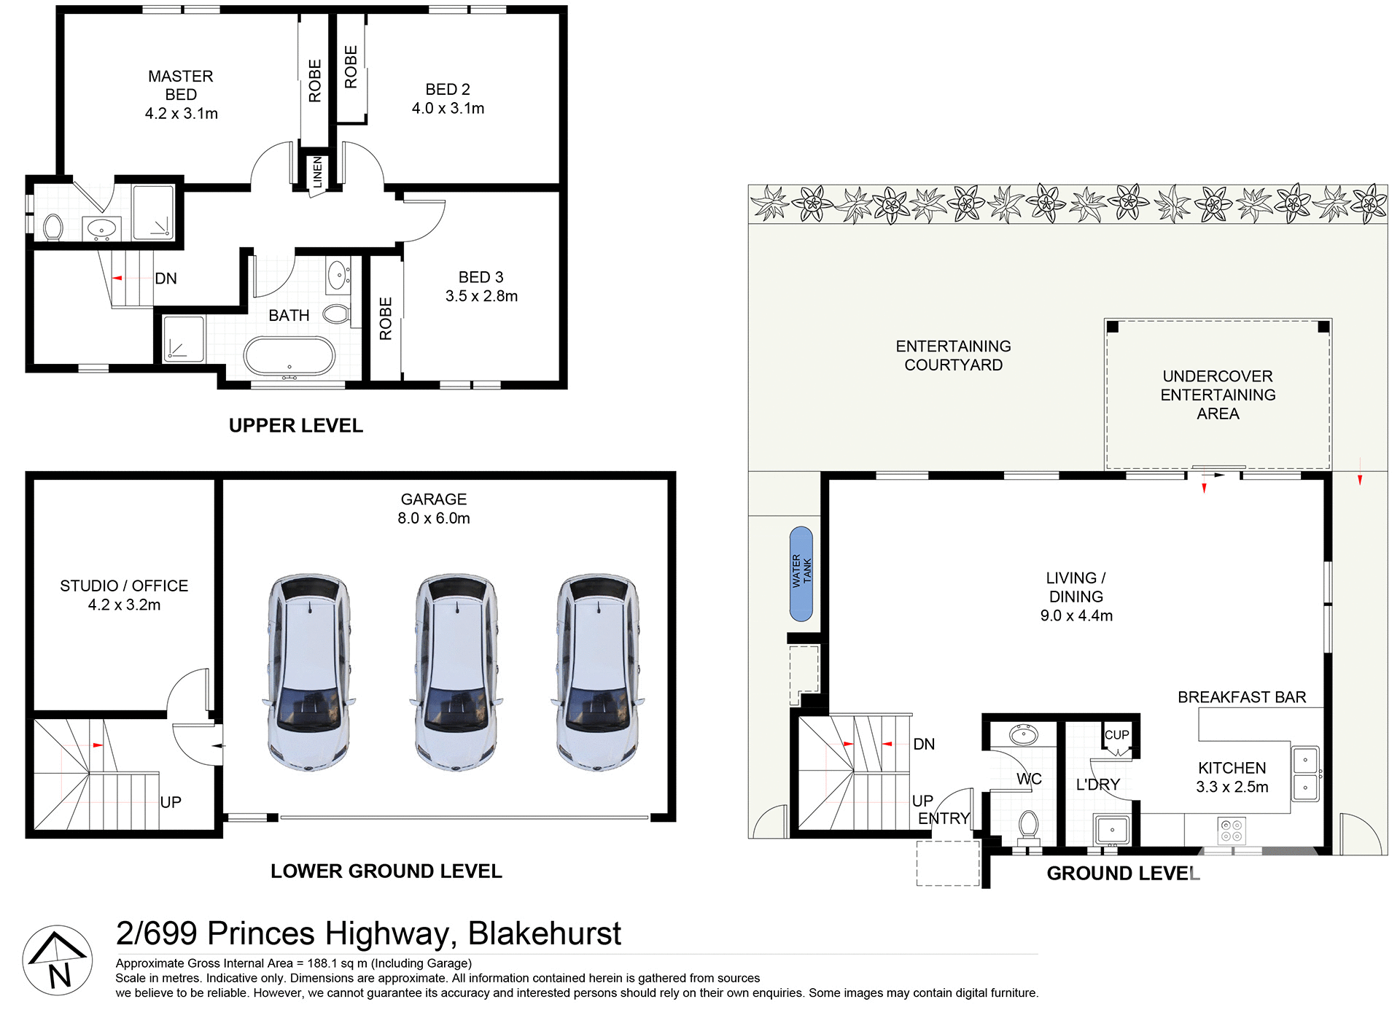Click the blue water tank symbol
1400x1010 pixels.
click(x=801, y=574)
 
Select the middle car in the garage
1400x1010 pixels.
click(x=456, y=672)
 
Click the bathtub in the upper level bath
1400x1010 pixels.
click(x=289, y=357)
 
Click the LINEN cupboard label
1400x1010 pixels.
click(x=317, y=172)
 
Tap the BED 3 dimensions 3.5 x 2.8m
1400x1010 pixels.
click(x=481, y=296)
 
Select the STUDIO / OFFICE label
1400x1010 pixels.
click(x=124, y=586)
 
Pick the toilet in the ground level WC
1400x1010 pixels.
click(x=1028, y=826)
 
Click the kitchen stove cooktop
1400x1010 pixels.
click(x=1232, y=831)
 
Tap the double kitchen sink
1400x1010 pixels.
click(x=1304, y=773)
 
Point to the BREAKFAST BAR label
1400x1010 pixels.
click(x=1242, y=697)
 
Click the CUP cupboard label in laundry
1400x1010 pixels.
click(x=1116, y=735)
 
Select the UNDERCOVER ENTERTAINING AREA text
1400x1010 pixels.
click(x=1218, y=395)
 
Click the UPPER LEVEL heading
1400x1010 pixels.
click(x=295, y=425)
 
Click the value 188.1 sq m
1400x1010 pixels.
click(x=337, y=963)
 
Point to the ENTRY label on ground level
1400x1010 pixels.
click(x=944, y=818)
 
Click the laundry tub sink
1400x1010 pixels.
click(x=1112, y=830)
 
